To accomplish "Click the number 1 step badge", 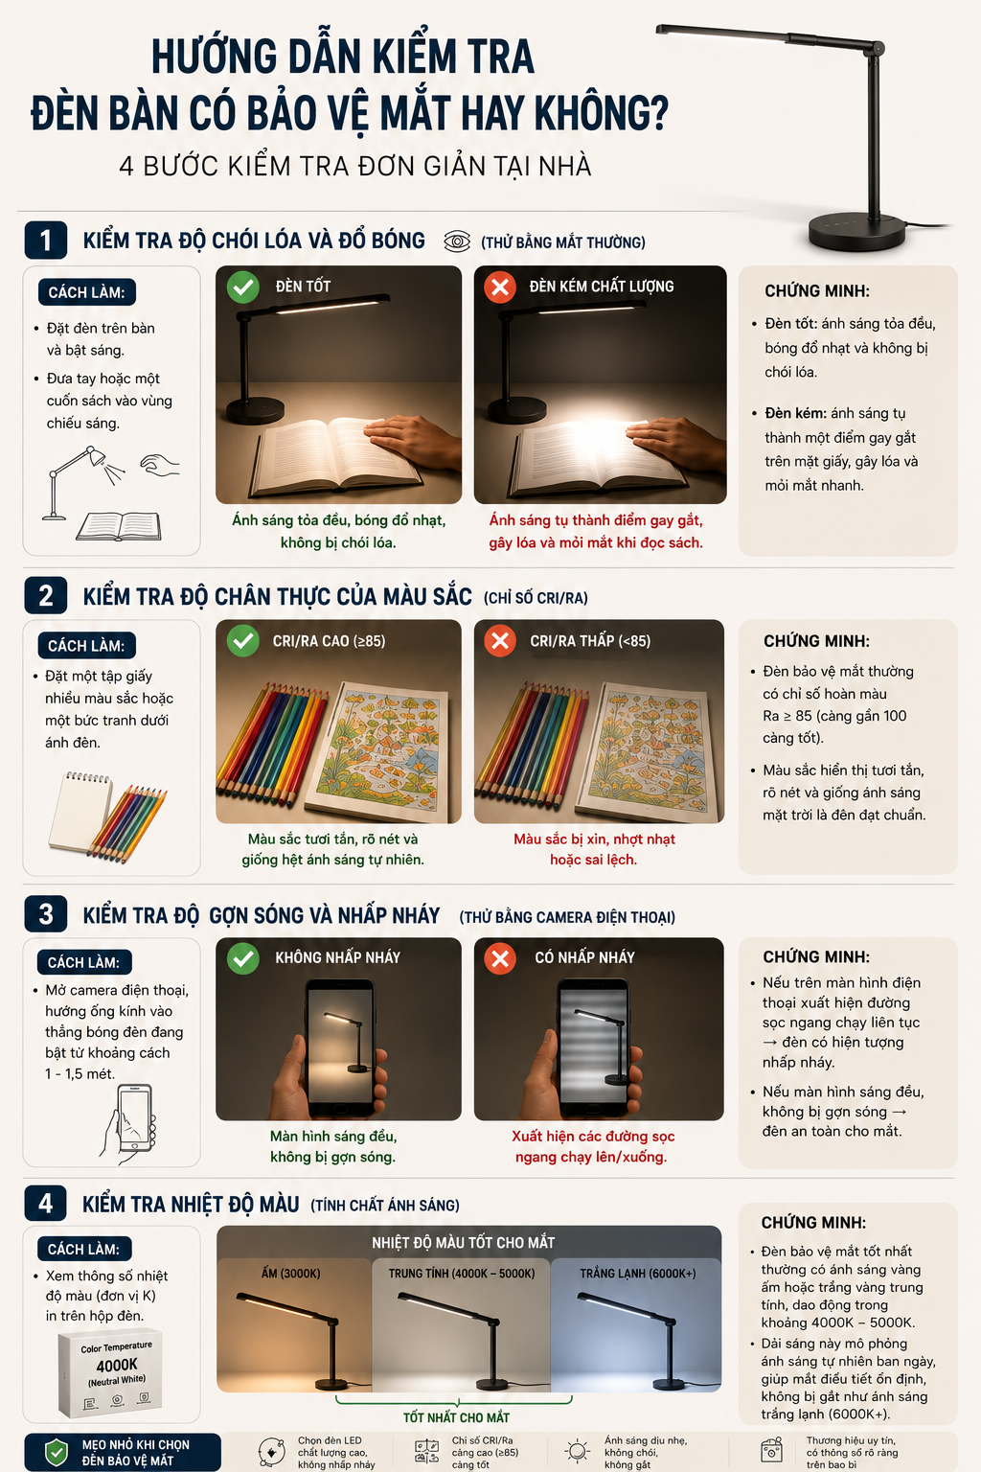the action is pyautogui.click(x=45, y=241).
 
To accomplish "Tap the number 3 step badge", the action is pyautogui.click(x=45, y=914).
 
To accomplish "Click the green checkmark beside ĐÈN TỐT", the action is pyautogui.click(x=243, y=287).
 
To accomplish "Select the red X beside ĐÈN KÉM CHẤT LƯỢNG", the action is pyautogui.click(x=500, y=287).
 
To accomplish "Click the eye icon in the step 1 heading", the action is pyautogui.click(x=457, y=241).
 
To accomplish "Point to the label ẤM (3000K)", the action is pyautogui.click(x=290, y=1274).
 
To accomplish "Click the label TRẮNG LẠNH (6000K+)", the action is pyautogui.click(x=637, y=1274).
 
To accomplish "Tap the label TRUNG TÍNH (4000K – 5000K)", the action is pyautogui.click(x=461, y=1274).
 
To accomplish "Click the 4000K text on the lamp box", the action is pyautogui.click(x=116, y=1365).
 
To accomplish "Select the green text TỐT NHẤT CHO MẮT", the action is pyautogui.click(x=456, y=1417).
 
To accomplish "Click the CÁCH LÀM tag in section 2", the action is pyautogui.click(x=87, y=645).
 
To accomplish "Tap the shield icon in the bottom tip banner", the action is pyautogui.click(x=56, y=1452).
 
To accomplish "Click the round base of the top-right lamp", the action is pyautogui.click(x=856, y=232).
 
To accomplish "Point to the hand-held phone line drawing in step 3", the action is pyautogui.click(x=128, y=1124).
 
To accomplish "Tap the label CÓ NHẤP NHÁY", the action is pyautogui.click(x=584, y=957).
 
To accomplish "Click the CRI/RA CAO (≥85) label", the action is pyautogui.click(x=330, y=641).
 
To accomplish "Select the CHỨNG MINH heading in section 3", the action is pyautogui.click(x=816, y=956).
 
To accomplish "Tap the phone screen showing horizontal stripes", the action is pyautogui.click(x=593, y=1042).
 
